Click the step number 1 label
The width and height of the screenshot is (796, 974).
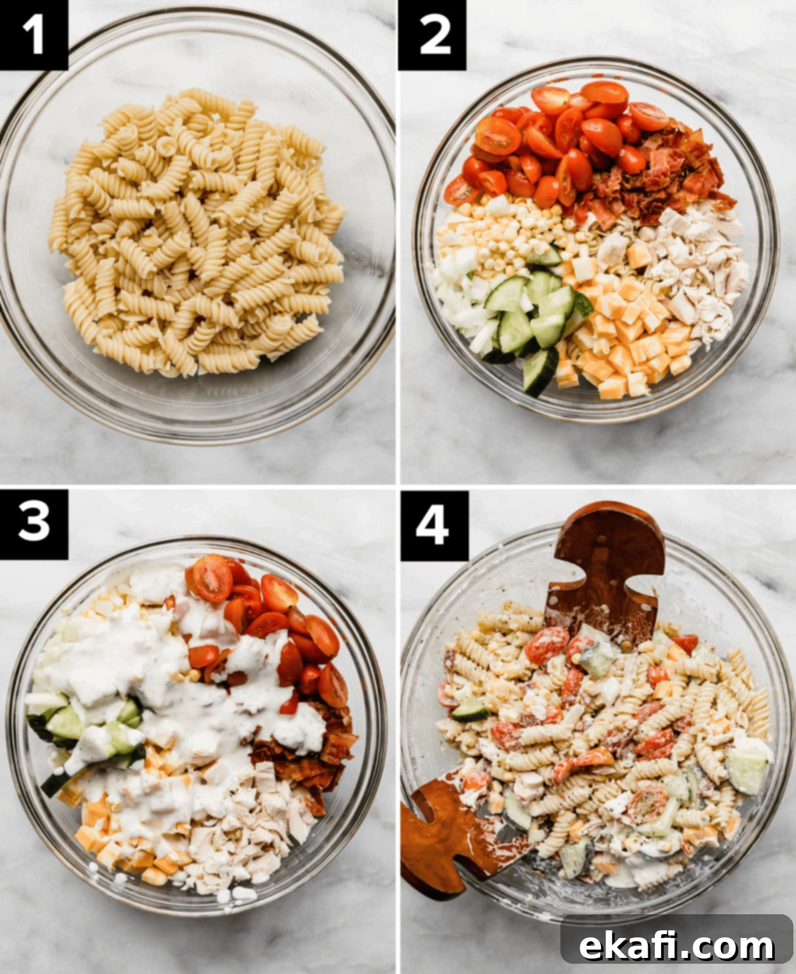(33, 35)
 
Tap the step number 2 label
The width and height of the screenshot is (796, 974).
(432, 35)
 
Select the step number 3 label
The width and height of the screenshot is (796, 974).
(33, 524)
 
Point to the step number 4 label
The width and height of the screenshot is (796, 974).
(434, 526)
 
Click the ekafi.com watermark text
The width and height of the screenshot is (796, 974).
(677, 932)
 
